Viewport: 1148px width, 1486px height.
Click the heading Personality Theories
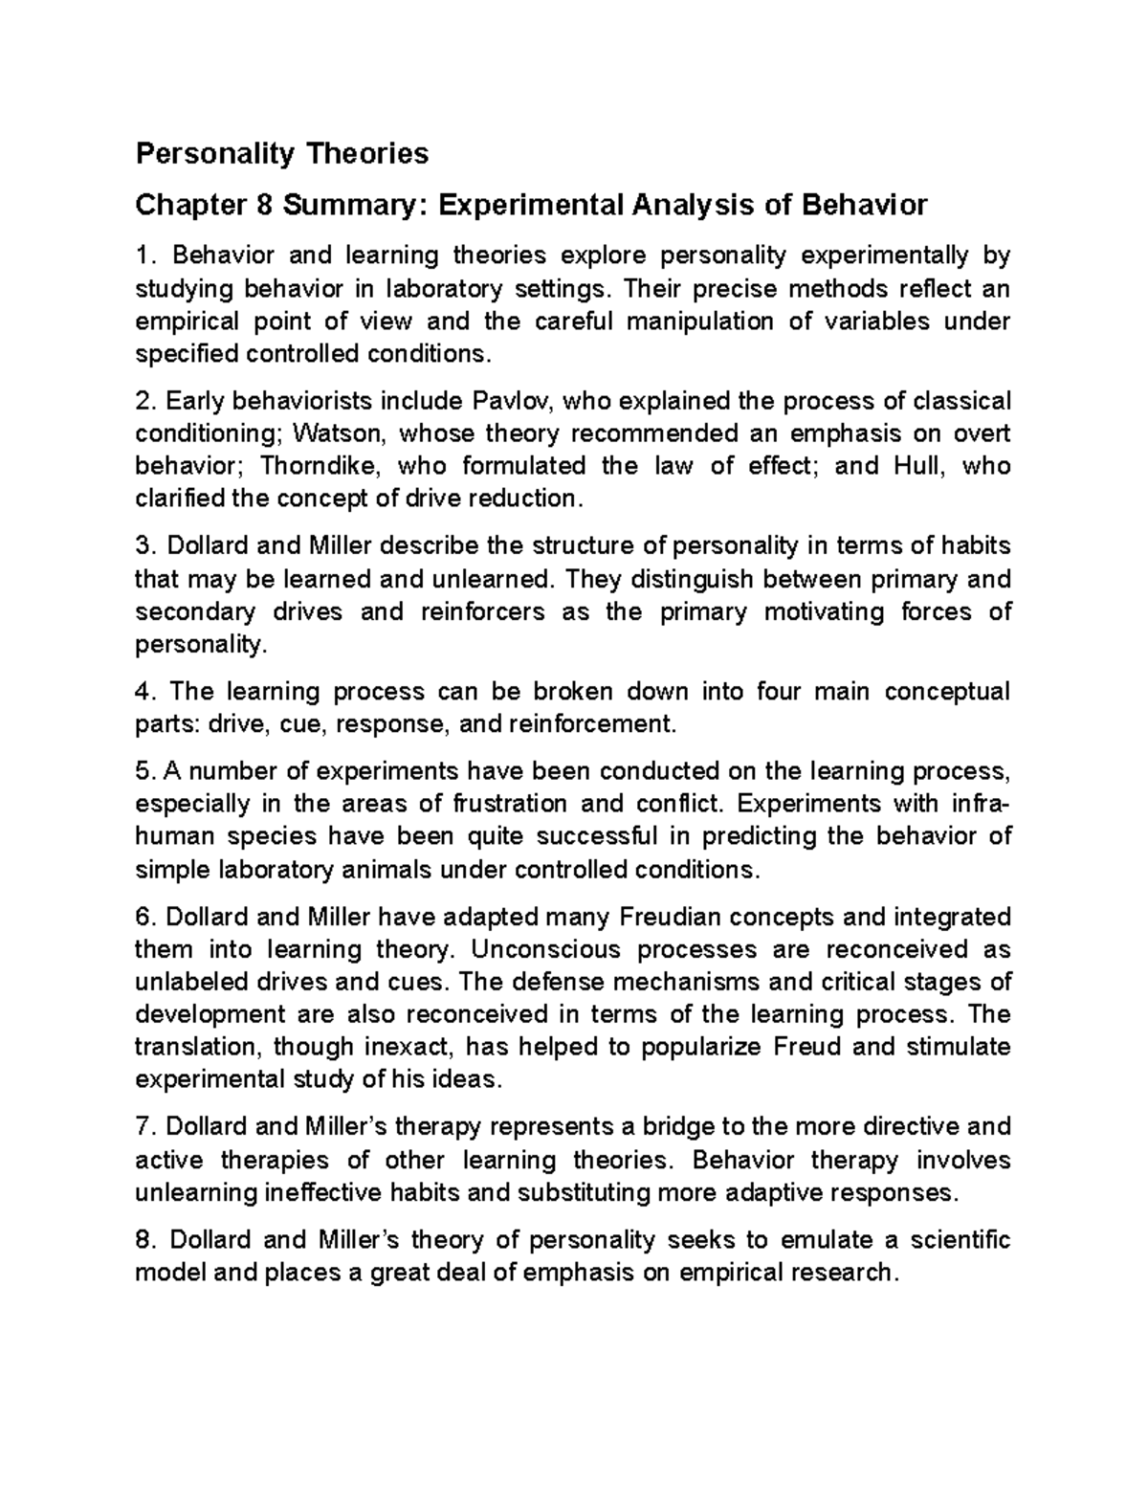click(x=282, y=153)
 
